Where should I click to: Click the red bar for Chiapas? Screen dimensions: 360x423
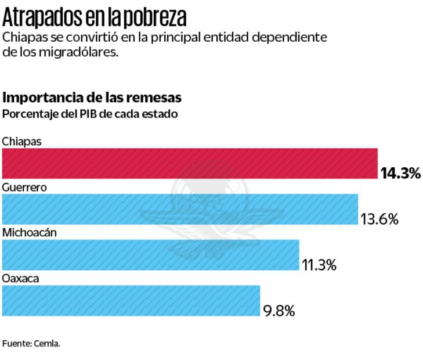tap(190, 163)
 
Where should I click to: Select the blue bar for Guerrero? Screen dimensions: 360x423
tap(180, 209)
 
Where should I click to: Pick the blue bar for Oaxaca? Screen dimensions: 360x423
tap(131, 300)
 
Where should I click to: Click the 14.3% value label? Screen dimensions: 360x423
tap(400, 173)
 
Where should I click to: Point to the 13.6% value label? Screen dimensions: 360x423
tap(379, 219)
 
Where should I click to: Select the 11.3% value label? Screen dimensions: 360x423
tap(319, 265)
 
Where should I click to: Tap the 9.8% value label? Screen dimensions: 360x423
tap(279, 311)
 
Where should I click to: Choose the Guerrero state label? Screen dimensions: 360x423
tap(24, 187)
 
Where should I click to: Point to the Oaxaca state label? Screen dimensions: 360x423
tap(20, 279)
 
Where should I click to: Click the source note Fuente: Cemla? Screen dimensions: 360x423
tap(31, 343)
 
